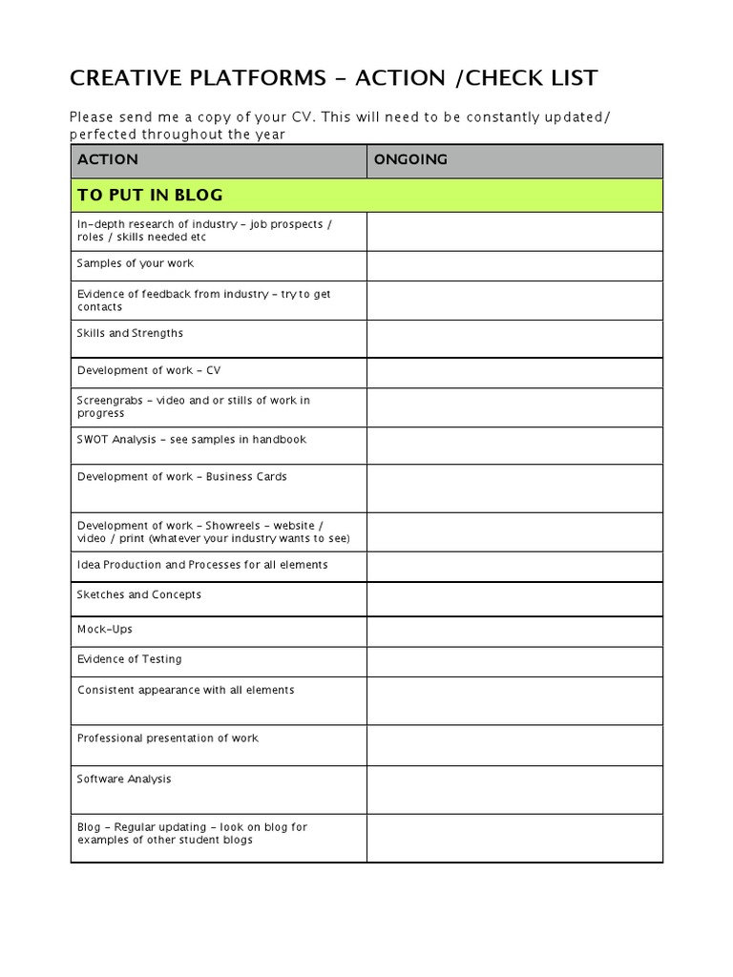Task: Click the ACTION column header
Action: (107, 159)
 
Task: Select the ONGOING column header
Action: (410, 159)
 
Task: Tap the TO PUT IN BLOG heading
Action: (150, 195)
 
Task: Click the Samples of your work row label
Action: (135, 263)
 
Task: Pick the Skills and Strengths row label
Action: (130, 333)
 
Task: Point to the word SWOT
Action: (93, 440)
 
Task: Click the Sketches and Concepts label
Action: (139, 594)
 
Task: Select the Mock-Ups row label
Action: (105, 630)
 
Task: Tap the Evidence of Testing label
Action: (129, 659)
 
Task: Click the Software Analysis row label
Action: (124, 780)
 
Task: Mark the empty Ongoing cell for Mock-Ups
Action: (513, 632)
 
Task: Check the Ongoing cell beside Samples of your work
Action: (513, 266)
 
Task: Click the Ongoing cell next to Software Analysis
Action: (513, 789)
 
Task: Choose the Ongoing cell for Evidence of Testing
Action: (513, 661)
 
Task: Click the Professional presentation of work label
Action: (167, 738)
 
